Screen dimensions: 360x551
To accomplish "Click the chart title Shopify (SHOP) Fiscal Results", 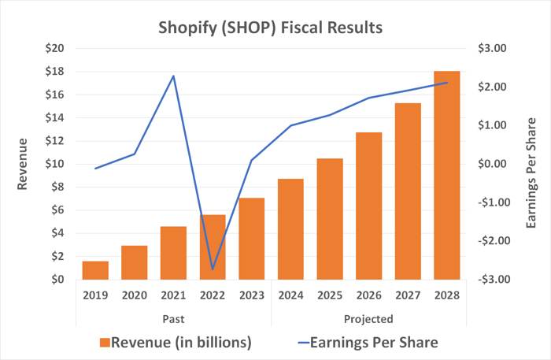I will pyautogui.click(x=272, y=27).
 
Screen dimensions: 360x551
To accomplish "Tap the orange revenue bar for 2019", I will pyautogui.click(x=95, y=269).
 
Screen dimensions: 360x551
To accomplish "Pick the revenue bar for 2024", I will pyautogui.click(x=290, y=228).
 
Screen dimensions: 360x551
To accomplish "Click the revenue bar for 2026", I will pyautogui.click(x=368, y=206).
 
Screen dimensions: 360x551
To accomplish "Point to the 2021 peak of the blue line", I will pyautogui.click(x=173, y=76).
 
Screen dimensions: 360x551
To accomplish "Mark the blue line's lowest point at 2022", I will pyautogui.click(x=213, y=269).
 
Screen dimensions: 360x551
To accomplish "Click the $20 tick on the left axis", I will pyautogui.click(x=55, y=49).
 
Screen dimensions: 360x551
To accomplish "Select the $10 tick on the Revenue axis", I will pyautogui.click(x=55, y=164).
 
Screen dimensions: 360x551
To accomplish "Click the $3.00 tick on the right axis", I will pyautogui.click(x=494, y=49).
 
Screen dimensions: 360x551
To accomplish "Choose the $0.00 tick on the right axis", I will pyautogui.click(x=494, y=164).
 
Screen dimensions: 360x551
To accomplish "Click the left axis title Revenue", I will pyautogui.click(x=23, y=164).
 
